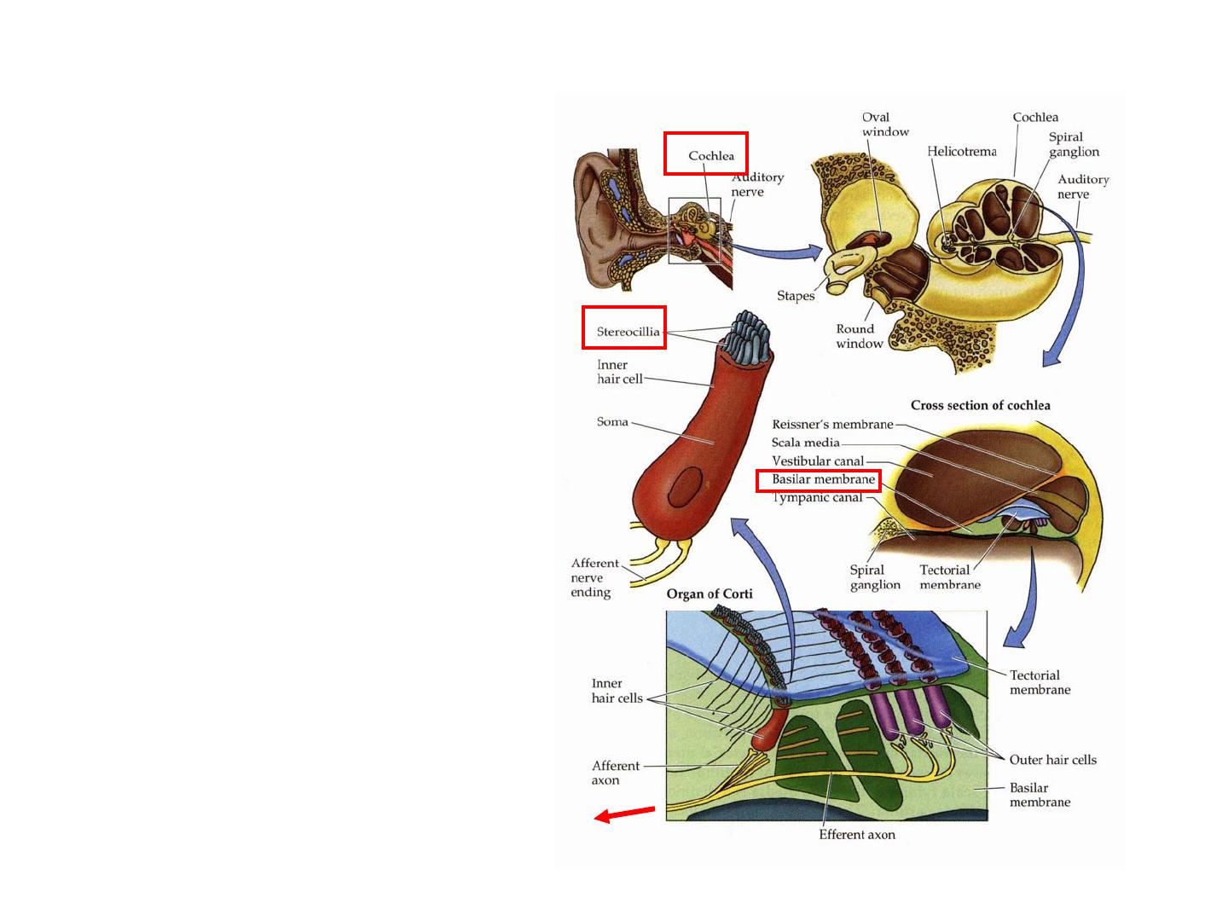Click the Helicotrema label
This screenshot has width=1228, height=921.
[962, 152]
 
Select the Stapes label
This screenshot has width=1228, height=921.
[795, 296]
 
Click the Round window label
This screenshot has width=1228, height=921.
[858, 336]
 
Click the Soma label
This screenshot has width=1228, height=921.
[612, 421]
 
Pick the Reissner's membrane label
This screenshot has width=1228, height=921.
[832, 425]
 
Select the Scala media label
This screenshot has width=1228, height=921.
[806, 443]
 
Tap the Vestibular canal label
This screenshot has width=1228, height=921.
[818, 461]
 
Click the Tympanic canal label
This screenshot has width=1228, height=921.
[818, 498]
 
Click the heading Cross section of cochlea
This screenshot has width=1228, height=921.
[980, 405]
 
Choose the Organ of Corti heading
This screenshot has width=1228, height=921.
[710, 594]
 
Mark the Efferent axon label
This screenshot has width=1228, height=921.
[856, 835]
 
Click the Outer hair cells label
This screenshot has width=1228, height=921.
[1052, 760]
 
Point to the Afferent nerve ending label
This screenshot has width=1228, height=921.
[594, 577]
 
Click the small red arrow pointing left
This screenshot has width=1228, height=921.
[624, 814]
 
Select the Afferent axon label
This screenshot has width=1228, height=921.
[615, 773]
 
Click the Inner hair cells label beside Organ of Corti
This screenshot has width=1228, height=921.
[617, 691]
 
